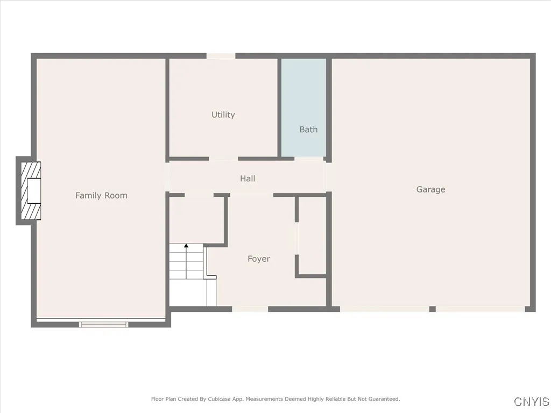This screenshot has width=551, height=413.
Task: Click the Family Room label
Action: pyautogui.click(x=101, y=195)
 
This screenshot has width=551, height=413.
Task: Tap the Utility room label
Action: pyautogui.click(x=223, y=115)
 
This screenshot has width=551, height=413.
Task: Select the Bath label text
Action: pyautogui.click(x=308, y=130)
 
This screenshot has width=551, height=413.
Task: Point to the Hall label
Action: pyautogui.click(x=248, y=179)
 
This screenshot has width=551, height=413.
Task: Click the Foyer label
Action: pyautogui.click(x=258, y=259)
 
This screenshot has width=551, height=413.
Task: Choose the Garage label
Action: pyautogui.click(x=430, y=189)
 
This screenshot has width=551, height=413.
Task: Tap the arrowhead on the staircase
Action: pyautogui.click(x=186, y=246)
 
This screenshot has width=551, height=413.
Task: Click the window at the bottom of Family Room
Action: pyautogui.click(x=103, y=324)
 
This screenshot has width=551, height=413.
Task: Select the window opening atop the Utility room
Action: pyautogui.click(x=221, y=55)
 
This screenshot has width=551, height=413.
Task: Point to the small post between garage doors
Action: pyautogui.click(x=432, y=309)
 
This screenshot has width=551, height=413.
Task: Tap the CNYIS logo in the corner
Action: pyautogui.click(x=532, y=402)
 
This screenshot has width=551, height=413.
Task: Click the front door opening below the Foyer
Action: pyautogui.click(x=250, y=309)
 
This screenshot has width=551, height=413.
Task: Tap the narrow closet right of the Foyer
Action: pyautogui.click(x=313, y=236)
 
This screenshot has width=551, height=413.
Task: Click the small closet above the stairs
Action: pyautogui.click(x=196, y=219)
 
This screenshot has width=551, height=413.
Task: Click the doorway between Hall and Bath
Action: pyautogui.click(x=309, y=159)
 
